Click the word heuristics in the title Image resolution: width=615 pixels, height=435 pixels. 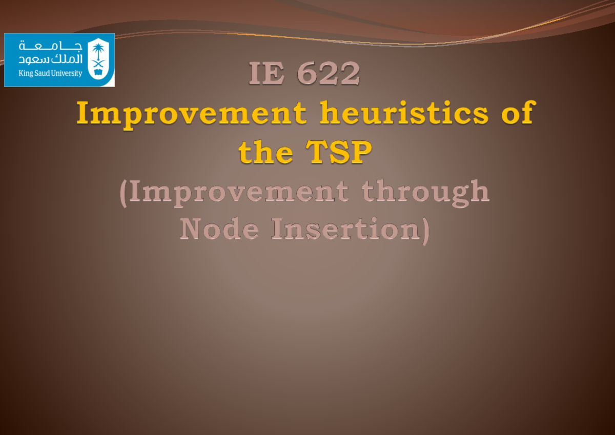[x=404, y=113]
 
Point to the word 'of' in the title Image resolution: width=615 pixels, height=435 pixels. [x=518, y=113]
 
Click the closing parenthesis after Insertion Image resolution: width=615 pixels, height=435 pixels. [x=424, y=231]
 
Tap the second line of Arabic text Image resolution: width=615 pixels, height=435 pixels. [x=50, y=59]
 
